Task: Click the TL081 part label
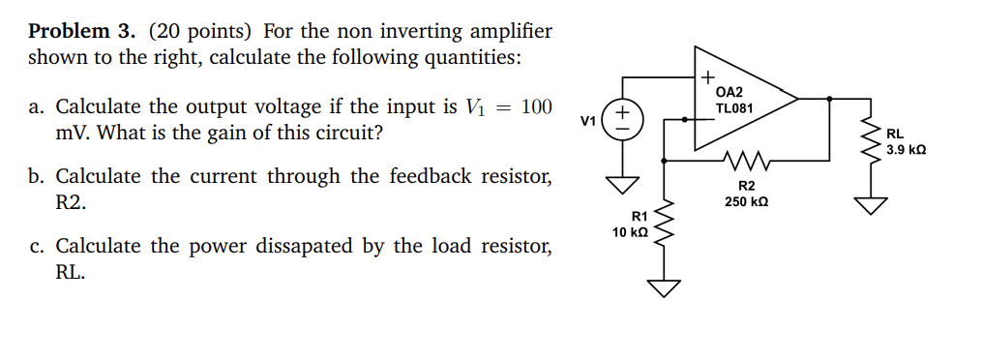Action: click(x=734, y=108)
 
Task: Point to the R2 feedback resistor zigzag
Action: click(x=744, y=158)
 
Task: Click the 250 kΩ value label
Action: click(x=746, y=202)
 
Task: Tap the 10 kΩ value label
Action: click(x=630, y=233)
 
